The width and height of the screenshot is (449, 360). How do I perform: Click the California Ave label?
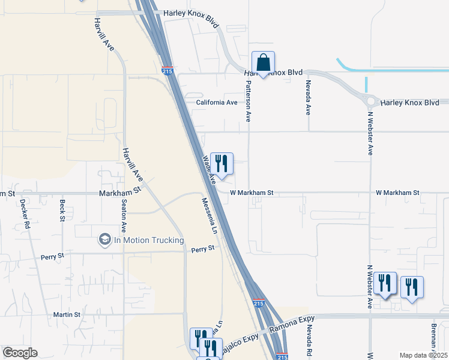[217, 103]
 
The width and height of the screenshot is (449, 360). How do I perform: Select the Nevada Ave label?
[308, 97]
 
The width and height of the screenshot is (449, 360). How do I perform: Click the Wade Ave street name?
[209, 170]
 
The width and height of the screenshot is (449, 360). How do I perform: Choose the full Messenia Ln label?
[208, 216]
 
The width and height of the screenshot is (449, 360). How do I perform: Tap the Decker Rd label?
[25, 215]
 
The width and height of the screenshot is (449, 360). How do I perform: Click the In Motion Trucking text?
[149, 241]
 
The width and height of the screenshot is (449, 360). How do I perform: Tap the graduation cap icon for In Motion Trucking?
[104, 240]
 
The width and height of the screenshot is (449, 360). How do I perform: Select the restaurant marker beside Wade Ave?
[221, 163]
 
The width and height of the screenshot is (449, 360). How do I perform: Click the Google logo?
[19, 353]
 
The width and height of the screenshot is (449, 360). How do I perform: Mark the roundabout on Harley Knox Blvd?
[370, 101]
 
